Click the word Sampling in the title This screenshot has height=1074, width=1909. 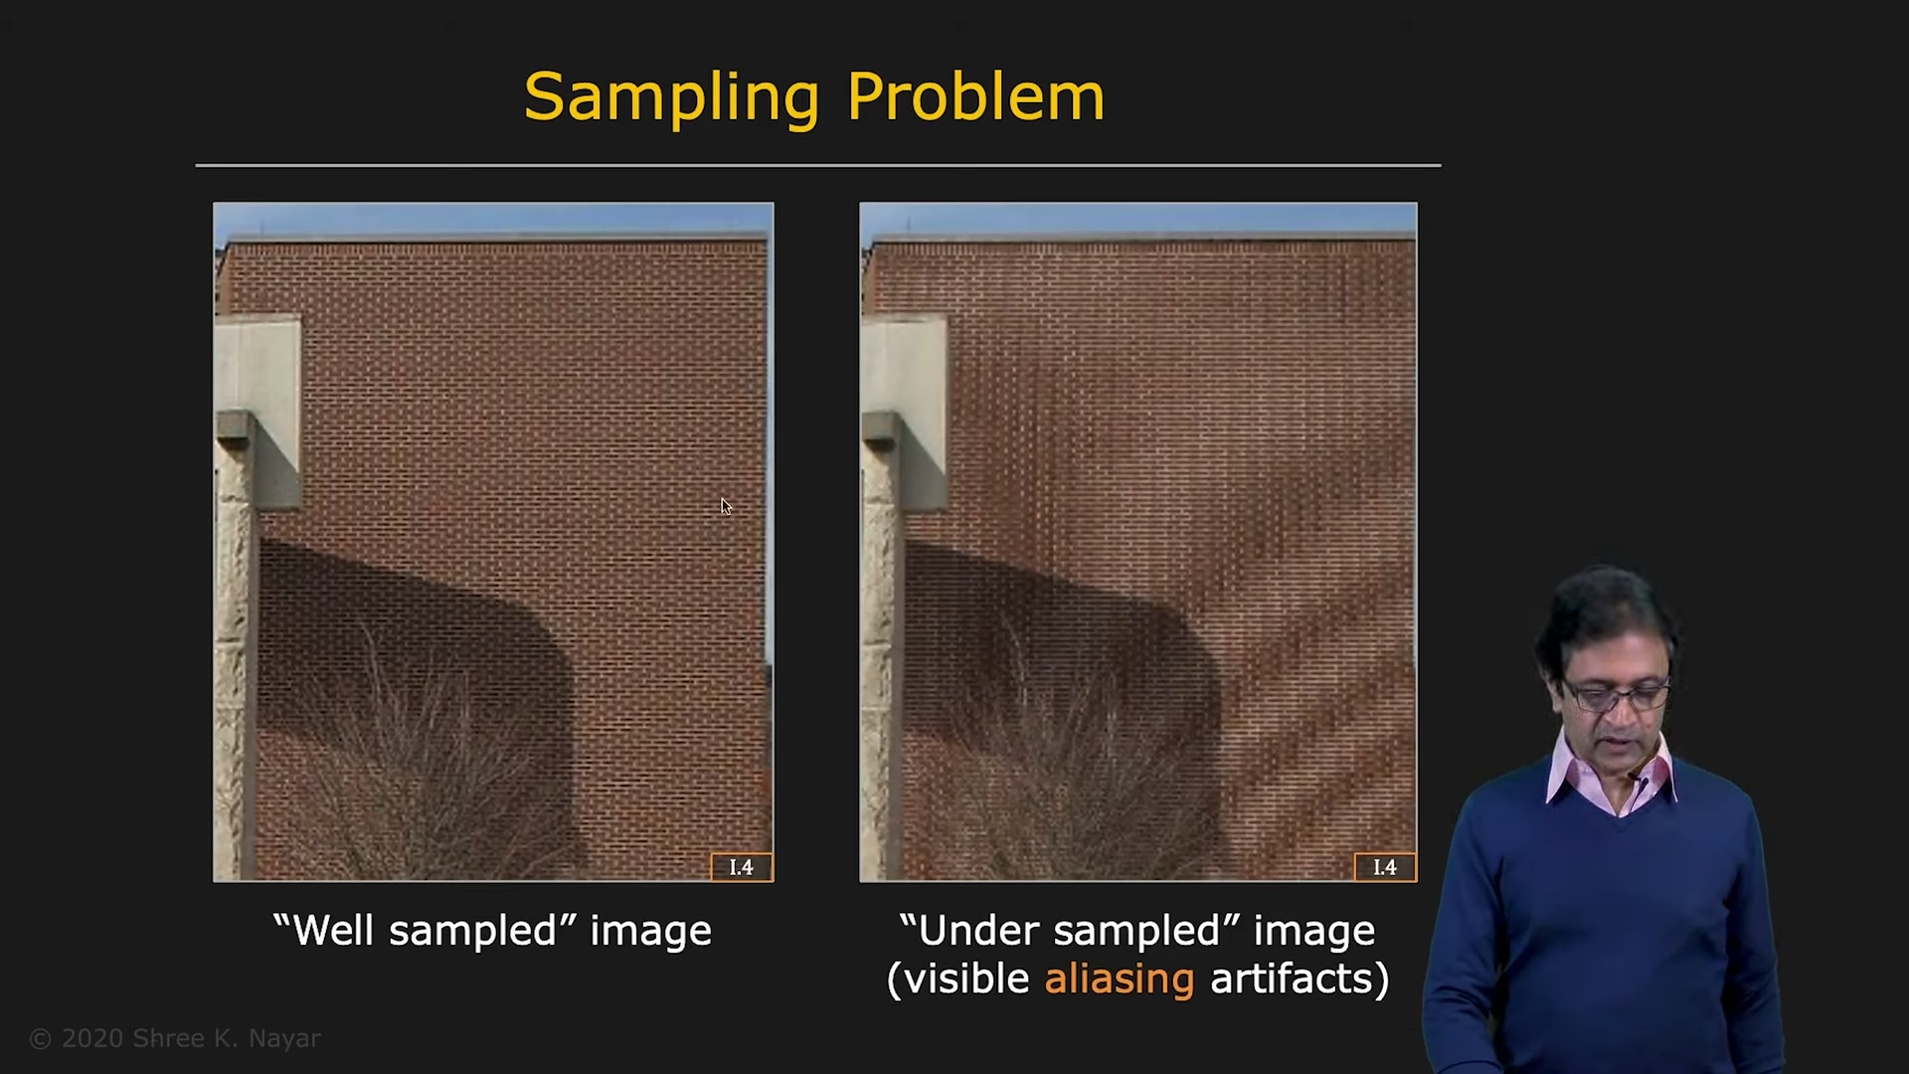671,98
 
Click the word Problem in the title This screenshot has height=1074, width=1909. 975,97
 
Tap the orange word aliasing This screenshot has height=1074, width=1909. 1119,980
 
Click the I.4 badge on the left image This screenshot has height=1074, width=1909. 742,867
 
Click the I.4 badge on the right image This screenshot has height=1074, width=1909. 1385,867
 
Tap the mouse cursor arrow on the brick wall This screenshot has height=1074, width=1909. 726,506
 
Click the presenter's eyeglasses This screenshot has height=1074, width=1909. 1616,694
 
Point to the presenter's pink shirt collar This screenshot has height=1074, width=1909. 1611,781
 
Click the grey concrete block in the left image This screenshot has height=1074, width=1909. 259,408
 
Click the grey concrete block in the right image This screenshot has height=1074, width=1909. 905,408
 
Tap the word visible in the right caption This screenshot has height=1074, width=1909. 966,979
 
